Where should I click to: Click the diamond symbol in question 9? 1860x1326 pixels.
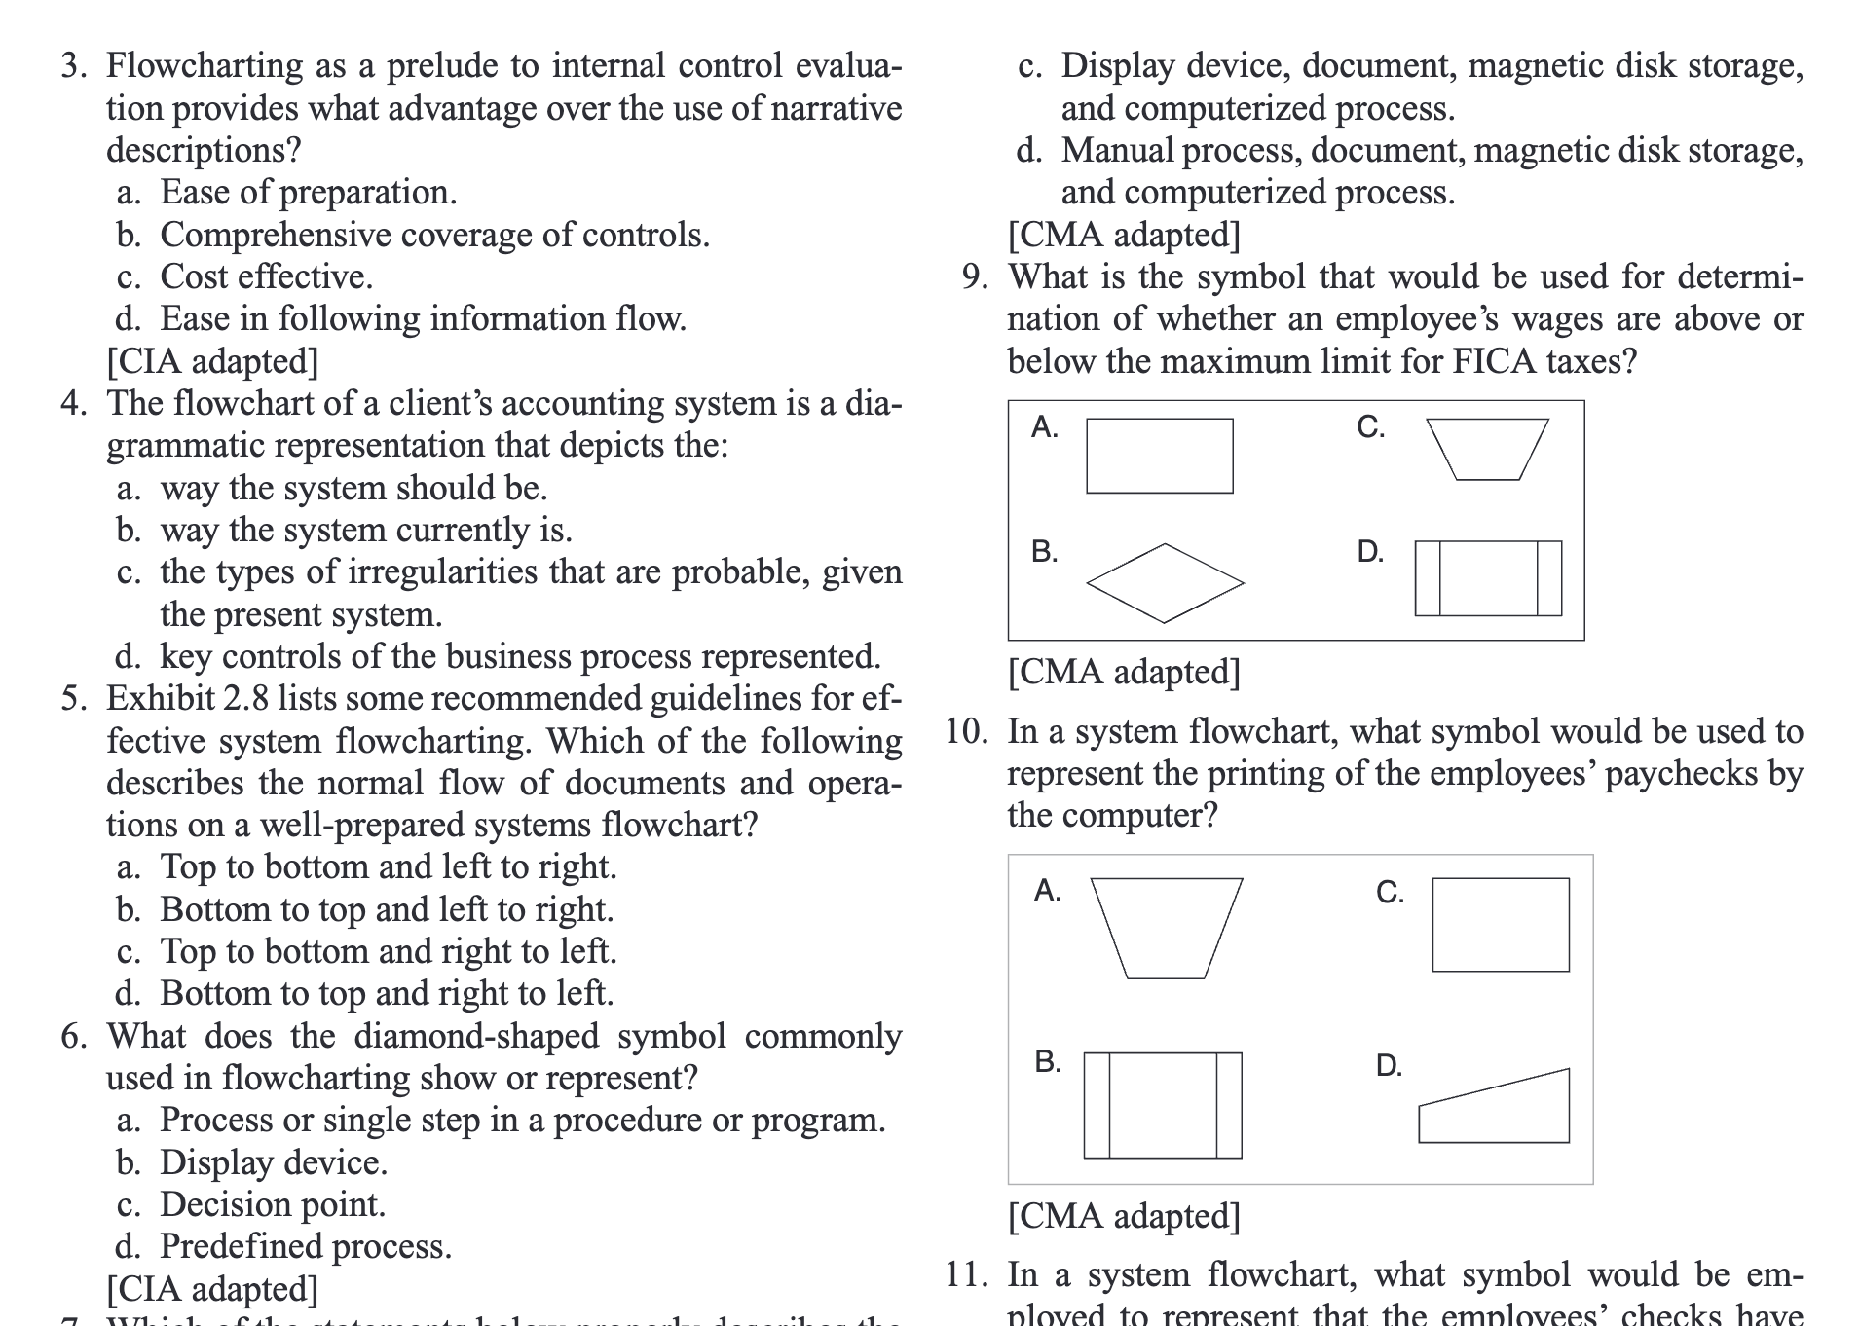[1165, 583]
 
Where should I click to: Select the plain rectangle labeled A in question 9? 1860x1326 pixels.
[1159, 456]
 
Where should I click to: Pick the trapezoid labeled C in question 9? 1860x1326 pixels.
[1487, 449]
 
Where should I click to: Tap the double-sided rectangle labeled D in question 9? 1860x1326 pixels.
[1488, 578]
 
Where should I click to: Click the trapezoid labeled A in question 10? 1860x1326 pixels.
[1166, 927]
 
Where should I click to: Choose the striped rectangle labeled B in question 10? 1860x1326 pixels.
[1162, 1105]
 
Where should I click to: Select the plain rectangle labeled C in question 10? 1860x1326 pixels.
[1500, 925]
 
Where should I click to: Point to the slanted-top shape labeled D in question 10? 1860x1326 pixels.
[1495, 1110]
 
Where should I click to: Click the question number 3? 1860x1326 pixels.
[74, 66]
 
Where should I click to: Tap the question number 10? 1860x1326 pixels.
[966, 731]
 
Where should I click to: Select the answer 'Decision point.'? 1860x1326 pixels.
[273, 1204]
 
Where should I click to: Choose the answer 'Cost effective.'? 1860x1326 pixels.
[266, 276]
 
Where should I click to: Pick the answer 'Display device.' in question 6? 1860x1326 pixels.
[274, 1162]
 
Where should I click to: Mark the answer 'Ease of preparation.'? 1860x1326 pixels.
[308, 193]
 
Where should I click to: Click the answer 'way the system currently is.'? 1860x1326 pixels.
[366, 530]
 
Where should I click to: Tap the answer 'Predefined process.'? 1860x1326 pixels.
[306, 1246]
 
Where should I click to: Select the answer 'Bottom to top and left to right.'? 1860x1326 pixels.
[387, 909]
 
